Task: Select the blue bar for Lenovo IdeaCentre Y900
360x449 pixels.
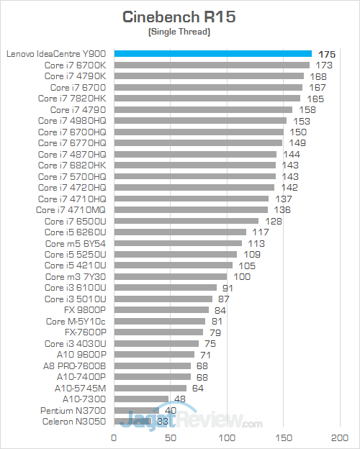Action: point(212,53)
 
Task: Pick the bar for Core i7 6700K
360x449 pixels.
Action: point(212,65)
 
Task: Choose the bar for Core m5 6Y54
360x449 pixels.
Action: point(177,243)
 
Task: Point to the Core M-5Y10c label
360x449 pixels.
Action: point(76,321)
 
